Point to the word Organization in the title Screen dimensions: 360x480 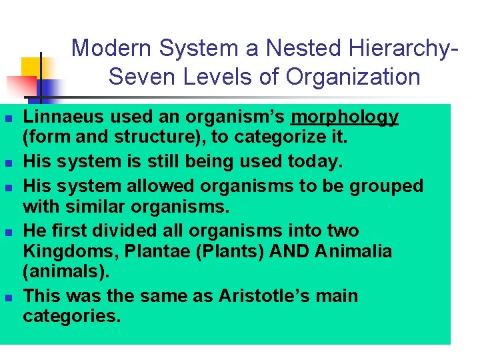(353, 77)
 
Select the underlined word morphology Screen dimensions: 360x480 (345, 118)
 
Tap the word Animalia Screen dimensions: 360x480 (354, 252)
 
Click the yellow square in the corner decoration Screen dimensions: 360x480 (32, 67)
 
